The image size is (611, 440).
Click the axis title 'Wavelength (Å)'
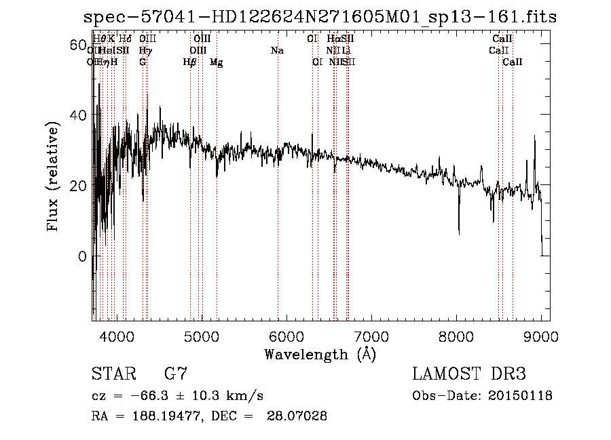point(320,354)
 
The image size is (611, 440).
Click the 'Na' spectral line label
point(277,51)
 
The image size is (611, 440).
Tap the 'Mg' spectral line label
point(216,62)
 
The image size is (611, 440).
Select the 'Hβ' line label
point(190,62)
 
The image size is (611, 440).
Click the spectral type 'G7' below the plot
point(176,374)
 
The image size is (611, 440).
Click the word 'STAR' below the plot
point(112,374)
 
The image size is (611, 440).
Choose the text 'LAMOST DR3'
point(469,374)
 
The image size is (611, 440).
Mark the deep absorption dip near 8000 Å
point(459,231)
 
